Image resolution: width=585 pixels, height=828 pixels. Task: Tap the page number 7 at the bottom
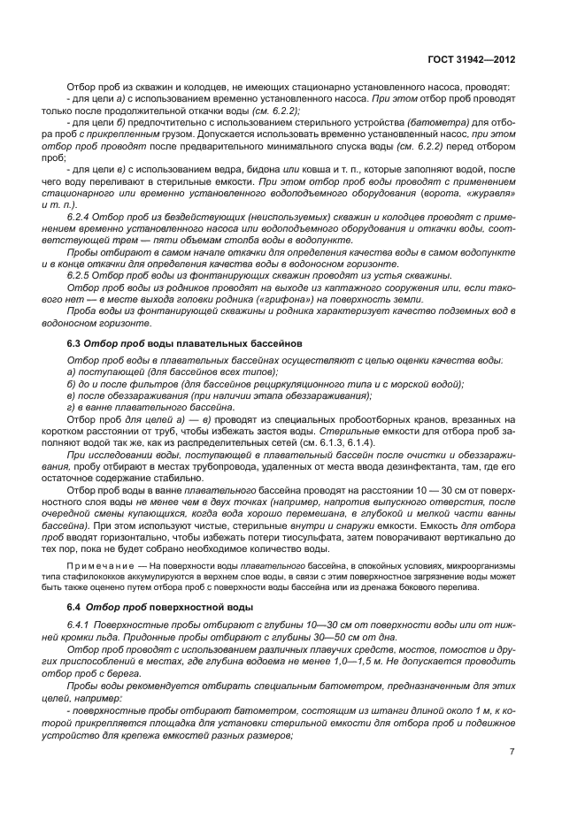(512, 752)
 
